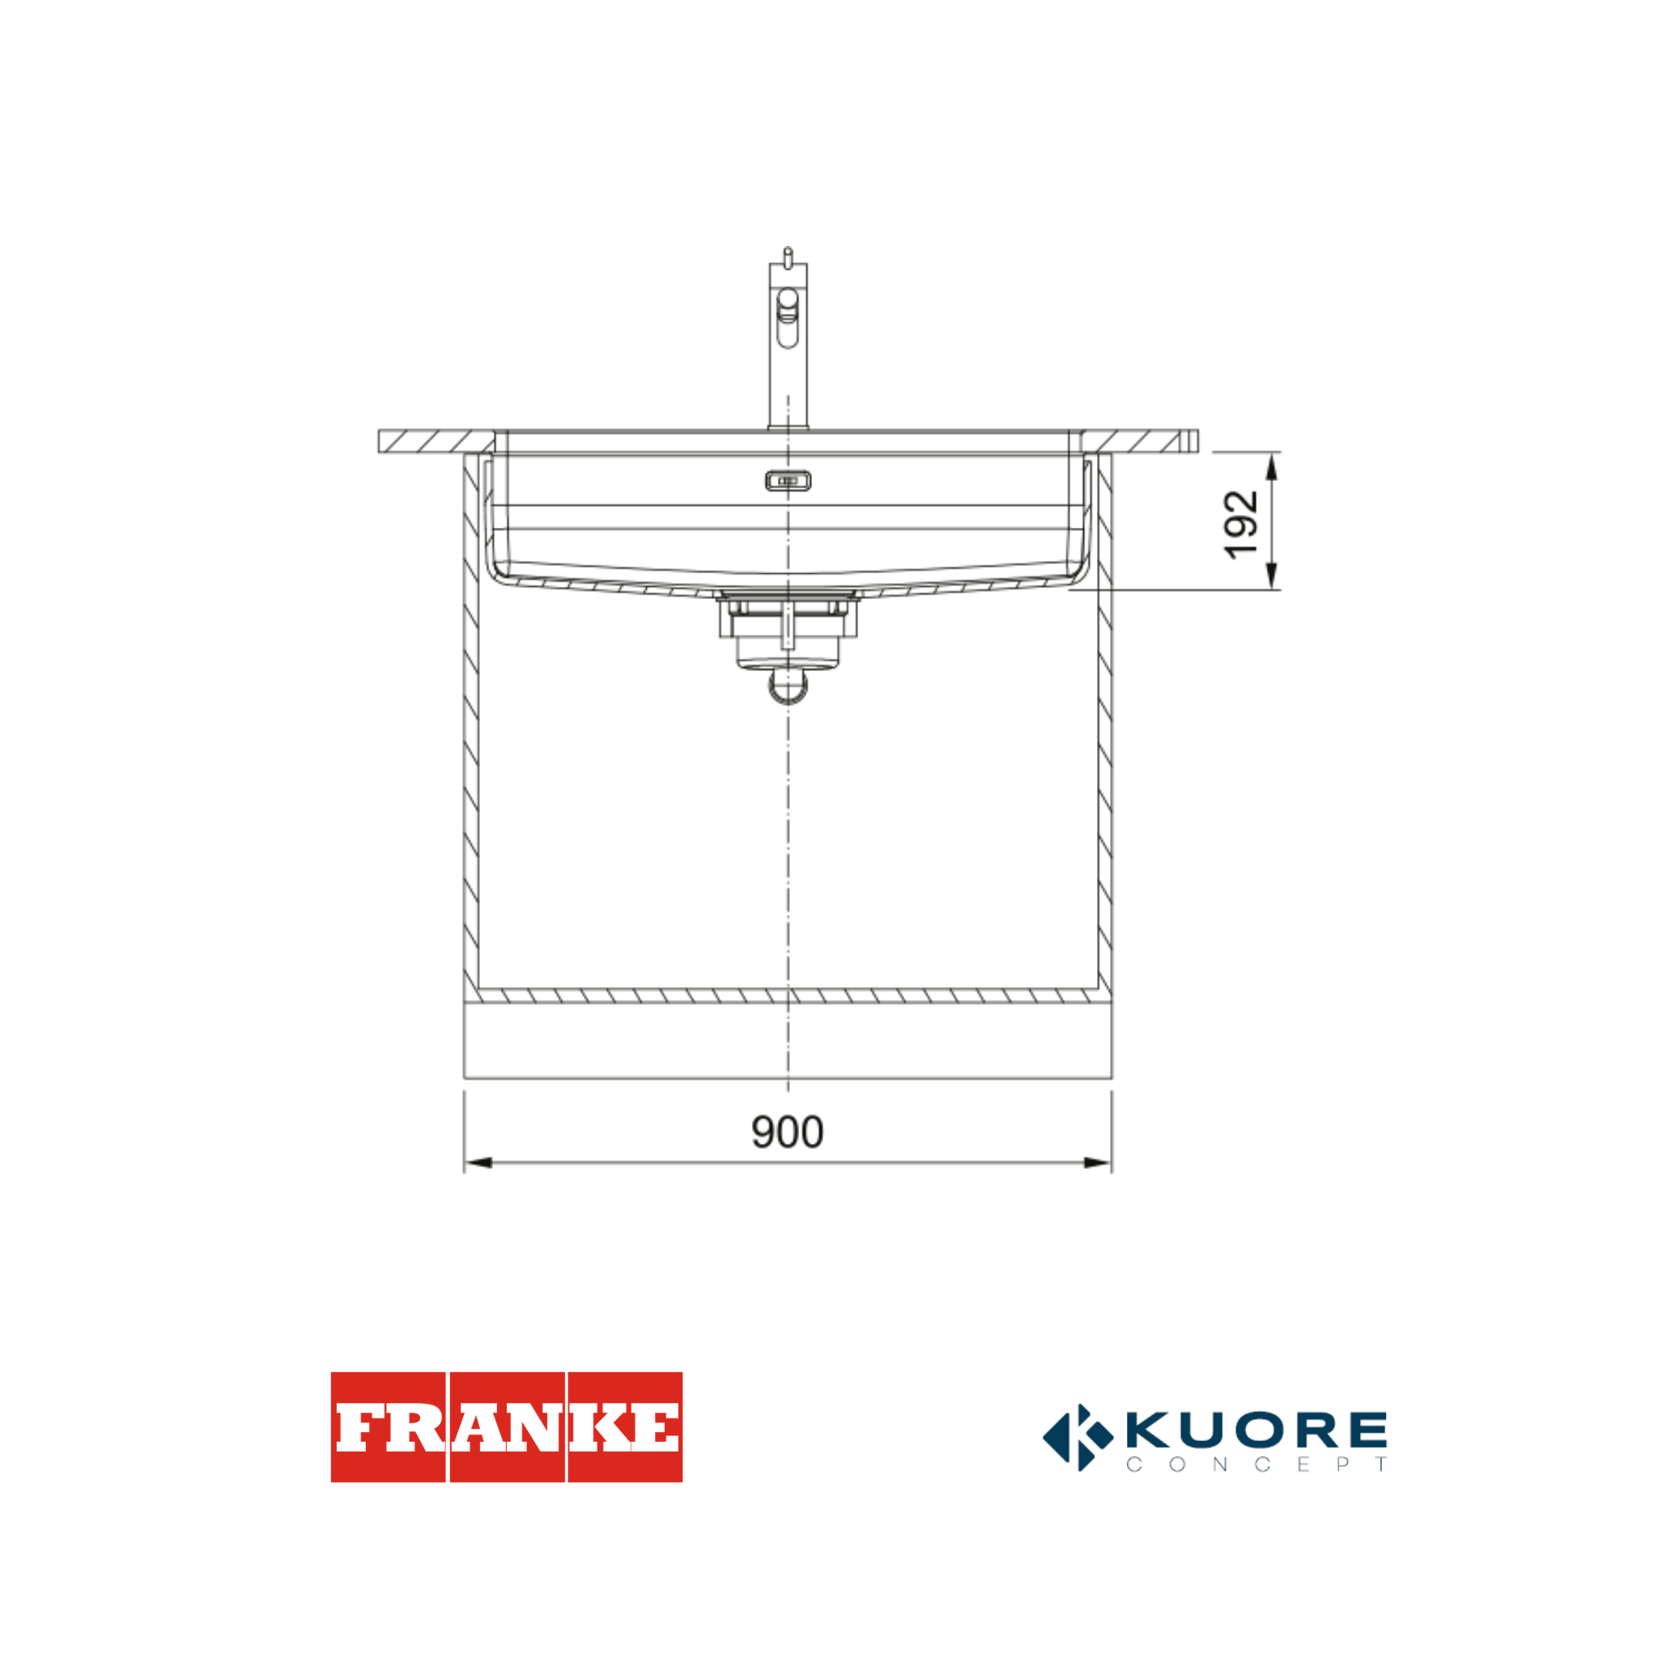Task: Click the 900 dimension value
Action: (x=787, y=1132)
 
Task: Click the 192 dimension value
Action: (x=1241, y=525)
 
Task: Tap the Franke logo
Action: (x=506, y=1427)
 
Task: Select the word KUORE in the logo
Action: (x=1256, y=1428)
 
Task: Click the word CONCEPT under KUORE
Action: (x=1256, y=1464)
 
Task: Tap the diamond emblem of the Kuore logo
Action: (x=1078, y=1438)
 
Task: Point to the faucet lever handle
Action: (x=787, y=317)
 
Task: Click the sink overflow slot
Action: (x=788, y=481)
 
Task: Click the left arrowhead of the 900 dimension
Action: (x=477, y=1163)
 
